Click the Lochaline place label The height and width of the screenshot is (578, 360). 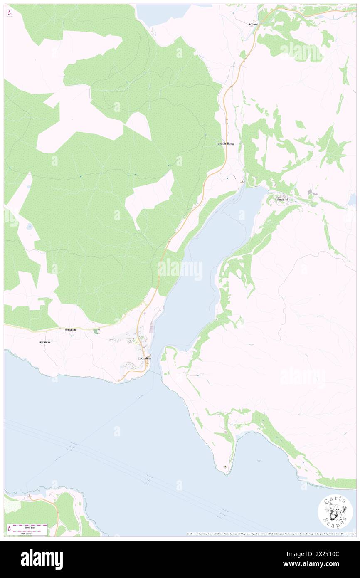pyautogui.click(x=145, y=358)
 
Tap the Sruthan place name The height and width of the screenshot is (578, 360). pyautogui.click(x=70, y=329)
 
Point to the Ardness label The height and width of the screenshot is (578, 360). pyautogui.click(x=44, y=342)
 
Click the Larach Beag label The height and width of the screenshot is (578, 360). pyautogui.click(x=225, y=143)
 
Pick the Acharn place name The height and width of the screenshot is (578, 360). pyautogui.click(x=253, y=24)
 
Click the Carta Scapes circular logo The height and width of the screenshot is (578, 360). pyautogui.click(x=335, y=511)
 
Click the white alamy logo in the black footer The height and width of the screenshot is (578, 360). pyautogui.click(x=42, y=559)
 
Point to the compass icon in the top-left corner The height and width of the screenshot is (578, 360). pyautogui.click(x=9, y=13)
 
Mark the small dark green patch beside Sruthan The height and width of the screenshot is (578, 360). pyautogui.click(x=96, y=331)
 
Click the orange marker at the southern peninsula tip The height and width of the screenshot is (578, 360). pyautogui.click(x=225, y=467)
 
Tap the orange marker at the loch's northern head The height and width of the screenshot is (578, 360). pyautogui.click(x=243, y=181)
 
